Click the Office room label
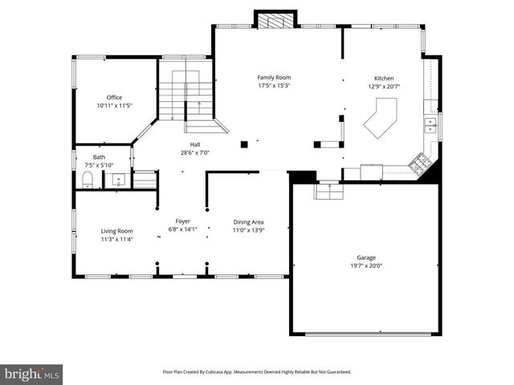[115, 97]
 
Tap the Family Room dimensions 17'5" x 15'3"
[274, 85]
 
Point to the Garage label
[366, 257]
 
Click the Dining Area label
[248, 222]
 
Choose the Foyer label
[183, 221]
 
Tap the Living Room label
[117, 231]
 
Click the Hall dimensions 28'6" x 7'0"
[194, 152]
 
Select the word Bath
[99, 157]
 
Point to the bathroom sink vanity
[118, 180]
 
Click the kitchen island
[381, 118]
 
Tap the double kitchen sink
[430, 124]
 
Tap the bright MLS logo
[32, 373]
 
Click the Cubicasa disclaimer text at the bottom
[257, 372]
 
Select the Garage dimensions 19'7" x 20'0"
[366, 265]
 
